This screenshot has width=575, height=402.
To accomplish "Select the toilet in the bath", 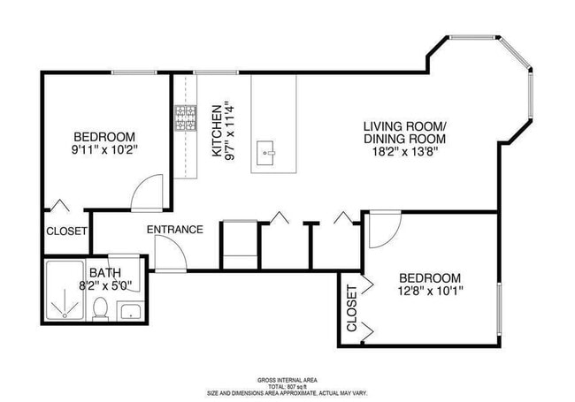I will click(101, 308).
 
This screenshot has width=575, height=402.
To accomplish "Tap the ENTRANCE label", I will click(174, 230).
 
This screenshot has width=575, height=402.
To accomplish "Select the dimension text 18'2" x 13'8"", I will click(405, 152).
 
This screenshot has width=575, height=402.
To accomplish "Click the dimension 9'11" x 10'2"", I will click(103, 150).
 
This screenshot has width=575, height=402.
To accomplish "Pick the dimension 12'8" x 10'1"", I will click(429, 290).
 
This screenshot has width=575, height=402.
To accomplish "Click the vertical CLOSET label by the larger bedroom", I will click(351, 308).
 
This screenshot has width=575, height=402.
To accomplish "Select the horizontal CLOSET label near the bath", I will click(66, 231).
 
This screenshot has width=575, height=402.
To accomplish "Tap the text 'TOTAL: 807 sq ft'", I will click(287, 386).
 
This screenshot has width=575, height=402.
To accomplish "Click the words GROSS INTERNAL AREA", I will click(287, 379).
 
